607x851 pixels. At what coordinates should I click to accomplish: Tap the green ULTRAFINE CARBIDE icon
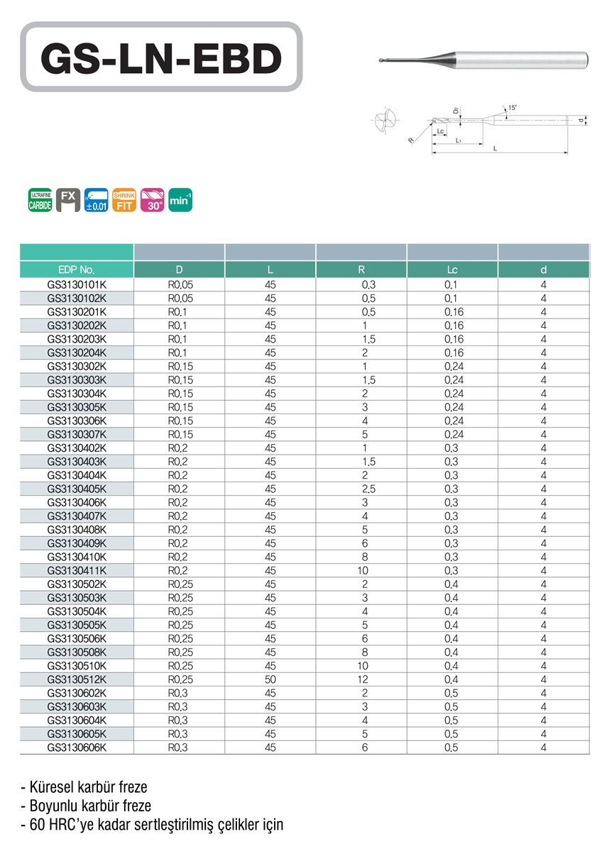click(40, 200)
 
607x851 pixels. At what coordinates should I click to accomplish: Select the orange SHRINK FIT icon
click(124, 200)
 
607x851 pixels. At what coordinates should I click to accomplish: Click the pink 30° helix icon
click(152, 200)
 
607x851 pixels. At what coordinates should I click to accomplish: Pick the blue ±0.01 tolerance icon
click(96, 200)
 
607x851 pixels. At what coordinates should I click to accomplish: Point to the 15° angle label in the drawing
click(513, 108)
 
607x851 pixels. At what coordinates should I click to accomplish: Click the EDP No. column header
click(77, 269)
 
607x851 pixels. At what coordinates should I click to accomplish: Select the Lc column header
click(452, 269)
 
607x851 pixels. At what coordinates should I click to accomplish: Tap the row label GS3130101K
click(77, 284)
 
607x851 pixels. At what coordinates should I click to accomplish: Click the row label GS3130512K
click(77, 679)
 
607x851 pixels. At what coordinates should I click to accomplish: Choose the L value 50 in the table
click(270, 679)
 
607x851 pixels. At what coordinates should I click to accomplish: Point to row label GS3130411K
click(77, 570)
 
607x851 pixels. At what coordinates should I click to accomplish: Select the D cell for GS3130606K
click(179, 747)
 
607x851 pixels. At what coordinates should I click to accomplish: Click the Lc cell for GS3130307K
click(453, 434)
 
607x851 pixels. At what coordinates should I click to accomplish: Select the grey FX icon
click(68, 200)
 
